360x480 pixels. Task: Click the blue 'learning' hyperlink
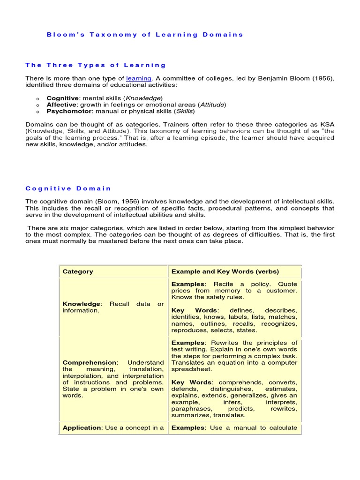click(139, 78)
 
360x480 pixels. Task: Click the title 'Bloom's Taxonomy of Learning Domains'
click(145, 35)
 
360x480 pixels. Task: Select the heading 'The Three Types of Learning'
click(96, 65)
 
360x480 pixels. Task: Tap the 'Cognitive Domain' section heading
click(68, 188)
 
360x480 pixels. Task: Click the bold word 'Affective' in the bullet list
click(62, 105)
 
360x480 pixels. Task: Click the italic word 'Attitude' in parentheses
click(212, 105)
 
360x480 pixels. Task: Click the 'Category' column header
click(78, 271)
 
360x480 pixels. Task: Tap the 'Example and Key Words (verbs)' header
click(225, 271)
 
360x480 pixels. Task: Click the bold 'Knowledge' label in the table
click(81, 304)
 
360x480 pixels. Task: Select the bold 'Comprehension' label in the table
click(89, 362)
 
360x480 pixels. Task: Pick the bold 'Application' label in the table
click(82, 427)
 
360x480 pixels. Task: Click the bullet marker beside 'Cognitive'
click(37, 98)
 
